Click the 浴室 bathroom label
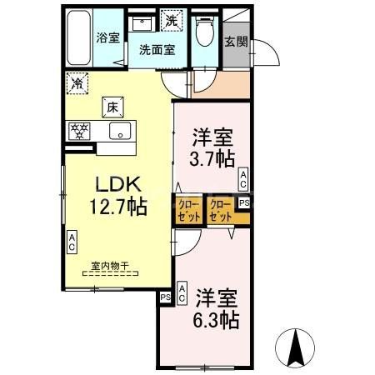tap(107, 37)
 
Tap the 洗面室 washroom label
tap(157, 49)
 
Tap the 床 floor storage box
tap(112, 106)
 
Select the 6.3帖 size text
tap(218, 319)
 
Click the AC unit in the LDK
tap(72, 242)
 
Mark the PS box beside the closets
tap(244, 202)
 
